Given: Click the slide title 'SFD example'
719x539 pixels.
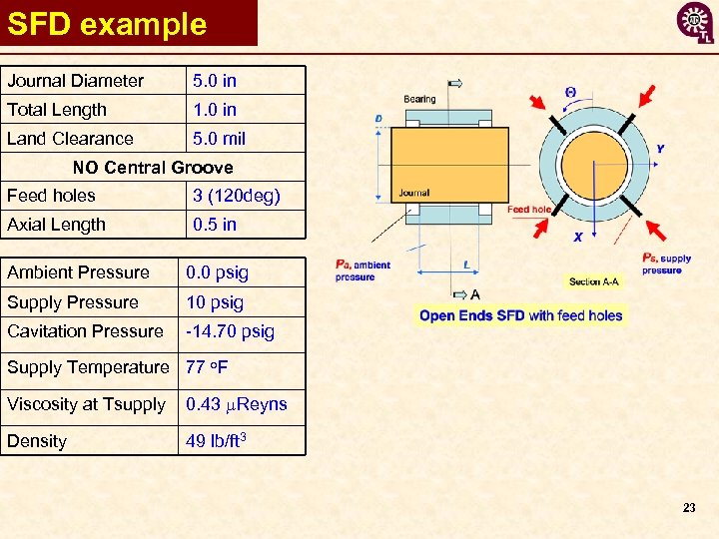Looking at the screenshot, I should pyautogui.click(x=107, y=24).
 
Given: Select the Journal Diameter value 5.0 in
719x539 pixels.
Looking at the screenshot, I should pyautogui.click(x=215, y=81).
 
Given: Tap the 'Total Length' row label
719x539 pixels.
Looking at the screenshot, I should pyautogui.click(x=57, y=110).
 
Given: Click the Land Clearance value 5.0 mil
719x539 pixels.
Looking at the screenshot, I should pyautogui.click(x=219, y=139).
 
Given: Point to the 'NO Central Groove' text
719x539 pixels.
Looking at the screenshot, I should pyautogui.click(x=153, y=168).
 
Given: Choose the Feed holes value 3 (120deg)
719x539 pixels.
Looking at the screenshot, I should pyautogui.click(x=236, y=196).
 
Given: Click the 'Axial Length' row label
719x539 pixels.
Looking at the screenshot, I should pyautogui.click(x=56, y=225).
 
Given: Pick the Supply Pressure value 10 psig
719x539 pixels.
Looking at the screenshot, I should pyautogui.click(x=215, y=302).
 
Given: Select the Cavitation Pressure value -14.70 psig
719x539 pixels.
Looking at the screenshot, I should pyautogui.click(x=230, y=331).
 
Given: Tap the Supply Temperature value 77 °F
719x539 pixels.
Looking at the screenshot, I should pyautogui.click(x=207, y=367).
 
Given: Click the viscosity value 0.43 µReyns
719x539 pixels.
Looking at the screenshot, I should pyautogui.click(x=237, y=404).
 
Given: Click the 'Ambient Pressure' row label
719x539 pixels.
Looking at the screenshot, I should pyautogui.click(x=78, y=272).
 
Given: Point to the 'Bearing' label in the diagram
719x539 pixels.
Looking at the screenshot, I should pyautogui.click(x=419, y=99).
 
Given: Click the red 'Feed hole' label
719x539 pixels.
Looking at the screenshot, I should pyautogui.click(x=529, y=210).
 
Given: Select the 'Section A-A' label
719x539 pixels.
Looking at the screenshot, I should pyautogui.click(x=593, y=281).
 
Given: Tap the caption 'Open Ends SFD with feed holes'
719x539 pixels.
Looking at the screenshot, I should pyautogui.click(x=520, y=315).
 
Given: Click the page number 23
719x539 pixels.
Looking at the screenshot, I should pyautogui.click(x=688, y=508).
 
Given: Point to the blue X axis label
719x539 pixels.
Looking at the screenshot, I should pyautogui.click(x=577, y=238).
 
